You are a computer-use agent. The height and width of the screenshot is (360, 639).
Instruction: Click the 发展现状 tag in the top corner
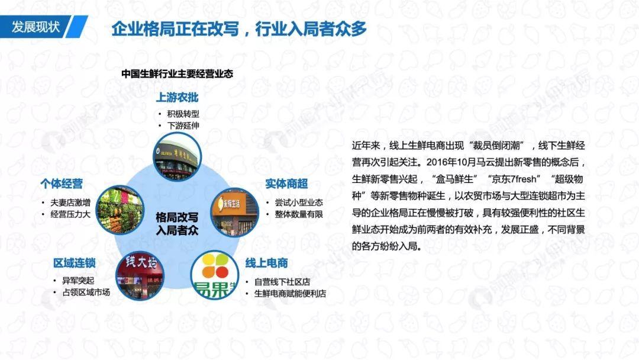[36, 27]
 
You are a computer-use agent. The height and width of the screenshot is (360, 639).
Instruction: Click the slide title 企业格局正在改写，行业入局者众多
[239, 29]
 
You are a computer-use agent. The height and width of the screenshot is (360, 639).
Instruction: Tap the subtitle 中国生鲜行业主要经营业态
[177, 74]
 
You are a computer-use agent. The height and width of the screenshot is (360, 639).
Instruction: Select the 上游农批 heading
[177, 98]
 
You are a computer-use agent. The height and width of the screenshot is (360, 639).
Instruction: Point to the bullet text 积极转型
[183, 114]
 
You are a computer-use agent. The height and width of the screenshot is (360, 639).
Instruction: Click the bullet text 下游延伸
[183, 126]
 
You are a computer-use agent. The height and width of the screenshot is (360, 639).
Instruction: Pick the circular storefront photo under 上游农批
[177, 156]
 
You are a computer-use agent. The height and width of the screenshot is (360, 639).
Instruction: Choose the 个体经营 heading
[62, 184]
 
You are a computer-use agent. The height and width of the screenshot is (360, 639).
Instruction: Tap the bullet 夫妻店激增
[70, 202]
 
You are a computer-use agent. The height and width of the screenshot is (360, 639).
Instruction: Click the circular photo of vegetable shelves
[120, 210]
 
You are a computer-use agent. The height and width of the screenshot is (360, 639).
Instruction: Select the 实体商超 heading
[286, 184]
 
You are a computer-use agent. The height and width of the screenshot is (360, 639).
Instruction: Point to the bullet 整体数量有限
[299, 214]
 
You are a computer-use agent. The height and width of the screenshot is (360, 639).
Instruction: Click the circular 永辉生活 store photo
[234, 213]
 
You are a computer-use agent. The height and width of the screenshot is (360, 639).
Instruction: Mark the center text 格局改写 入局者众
[177, 224]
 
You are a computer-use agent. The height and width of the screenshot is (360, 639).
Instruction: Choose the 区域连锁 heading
[74, 263]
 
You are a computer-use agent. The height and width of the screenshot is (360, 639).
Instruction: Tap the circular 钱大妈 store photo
[140, 275]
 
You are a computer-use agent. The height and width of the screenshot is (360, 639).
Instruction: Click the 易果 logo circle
[215, 275]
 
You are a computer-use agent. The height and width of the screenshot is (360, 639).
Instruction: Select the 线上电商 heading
[266, 263]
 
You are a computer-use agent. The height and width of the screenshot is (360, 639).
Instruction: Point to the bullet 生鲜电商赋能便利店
[290, 294]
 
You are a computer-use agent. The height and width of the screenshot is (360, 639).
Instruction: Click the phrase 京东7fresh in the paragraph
[514, 179]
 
